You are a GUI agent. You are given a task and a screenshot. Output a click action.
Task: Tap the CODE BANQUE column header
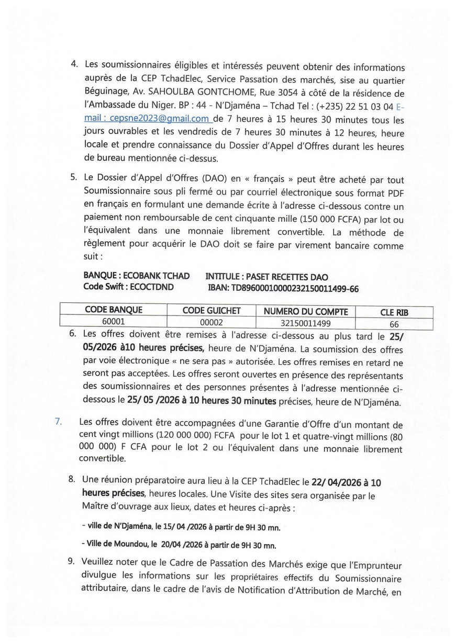(x=114, y=310)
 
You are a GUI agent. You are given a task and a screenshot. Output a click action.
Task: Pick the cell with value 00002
(x=211, y=323)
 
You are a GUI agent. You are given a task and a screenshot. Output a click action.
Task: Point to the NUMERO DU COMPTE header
(x=306, y=312)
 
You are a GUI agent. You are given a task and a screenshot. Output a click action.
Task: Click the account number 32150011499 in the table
(x=306, y=323)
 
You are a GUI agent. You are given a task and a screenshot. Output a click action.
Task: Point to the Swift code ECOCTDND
(x=148, y=287)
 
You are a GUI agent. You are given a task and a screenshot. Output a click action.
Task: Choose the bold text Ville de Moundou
(x=116, y=544)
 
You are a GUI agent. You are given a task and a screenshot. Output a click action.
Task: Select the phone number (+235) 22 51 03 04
(x=354, y=107)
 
